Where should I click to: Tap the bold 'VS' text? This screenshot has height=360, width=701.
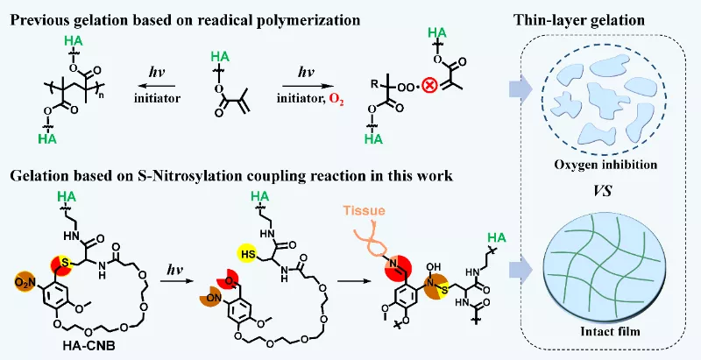pyautogui.click(x=608, y=187)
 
